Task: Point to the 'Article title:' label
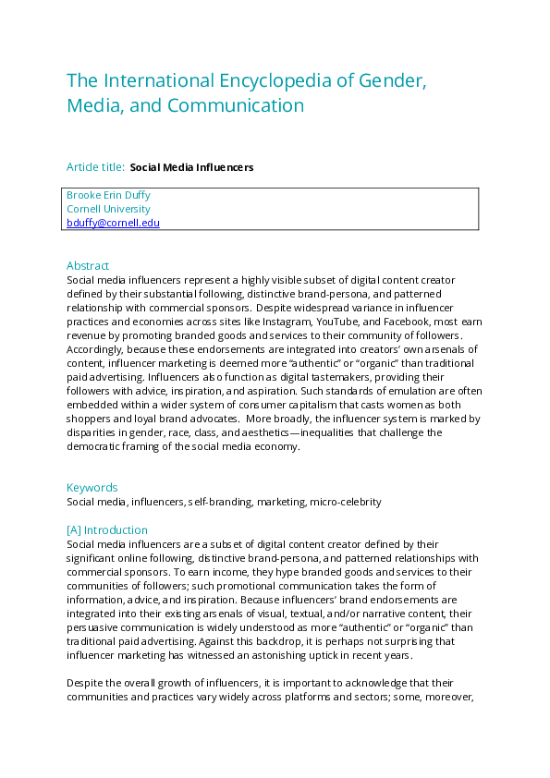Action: coord(95,167)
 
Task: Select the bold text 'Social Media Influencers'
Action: coord(191,167)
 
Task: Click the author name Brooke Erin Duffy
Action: coord(108,195)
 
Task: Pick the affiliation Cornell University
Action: coord(108,209)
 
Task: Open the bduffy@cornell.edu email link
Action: coord(113,223)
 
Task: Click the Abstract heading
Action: coord(88,266)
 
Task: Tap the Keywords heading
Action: coord(92,488)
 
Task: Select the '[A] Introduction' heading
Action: coord(107,530)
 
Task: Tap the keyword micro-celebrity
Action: coord(348,502)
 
